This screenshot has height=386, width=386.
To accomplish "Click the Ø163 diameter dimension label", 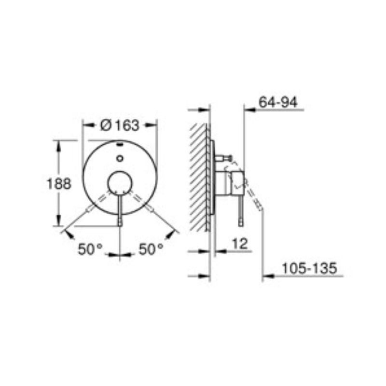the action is (x=120, y=125).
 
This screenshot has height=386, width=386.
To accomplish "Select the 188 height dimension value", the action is (x=59, y=184).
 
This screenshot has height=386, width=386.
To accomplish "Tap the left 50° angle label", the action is (x=90, y=249).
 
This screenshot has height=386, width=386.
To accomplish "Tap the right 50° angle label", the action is (x=151, y=249).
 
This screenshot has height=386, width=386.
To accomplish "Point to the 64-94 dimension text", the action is (x=278, y=102).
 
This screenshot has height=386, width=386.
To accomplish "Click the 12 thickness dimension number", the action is (x=240, y=244).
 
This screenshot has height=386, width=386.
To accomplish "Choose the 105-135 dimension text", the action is (x=309, y=268).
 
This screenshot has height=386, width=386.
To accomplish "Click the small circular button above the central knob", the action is (x=120, y=159).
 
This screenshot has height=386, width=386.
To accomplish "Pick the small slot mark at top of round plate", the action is (x=120, y=144).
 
